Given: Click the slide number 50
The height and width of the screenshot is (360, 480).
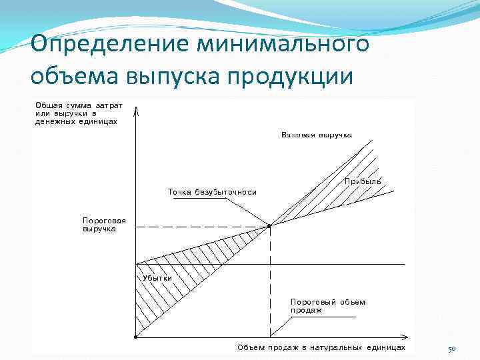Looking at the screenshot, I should pos(451,349).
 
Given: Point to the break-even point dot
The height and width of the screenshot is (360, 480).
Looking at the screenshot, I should pos(269,226).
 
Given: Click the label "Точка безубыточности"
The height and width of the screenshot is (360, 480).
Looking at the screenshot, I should pos(211,192).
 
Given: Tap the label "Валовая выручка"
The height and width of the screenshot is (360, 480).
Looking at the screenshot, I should pos(316,135).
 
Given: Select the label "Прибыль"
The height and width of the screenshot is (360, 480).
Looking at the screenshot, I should pos(363,181).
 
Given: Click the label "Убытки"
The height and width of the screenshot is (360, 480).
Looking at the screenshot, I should pos(157,277).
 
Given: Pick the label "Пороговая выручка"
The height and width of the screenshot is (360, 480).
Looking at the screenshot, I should pos(99,224).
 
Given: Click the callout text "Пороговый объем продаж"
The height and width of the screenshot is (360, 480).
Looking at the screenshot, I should pos(327,305).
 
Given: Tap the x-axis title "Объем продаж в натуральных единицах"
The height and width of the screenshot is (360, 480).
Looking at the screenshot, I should pos(321,347).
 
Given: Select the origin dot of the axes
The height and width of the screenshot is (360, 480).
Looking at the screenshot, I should pos(135,336).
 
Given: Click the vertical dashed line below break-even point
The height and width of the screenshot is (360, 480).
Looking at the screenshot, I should pos(269,280).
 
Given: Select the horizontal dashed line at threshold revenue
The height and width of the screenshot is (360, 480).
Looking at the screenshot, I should pos(200,227).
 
